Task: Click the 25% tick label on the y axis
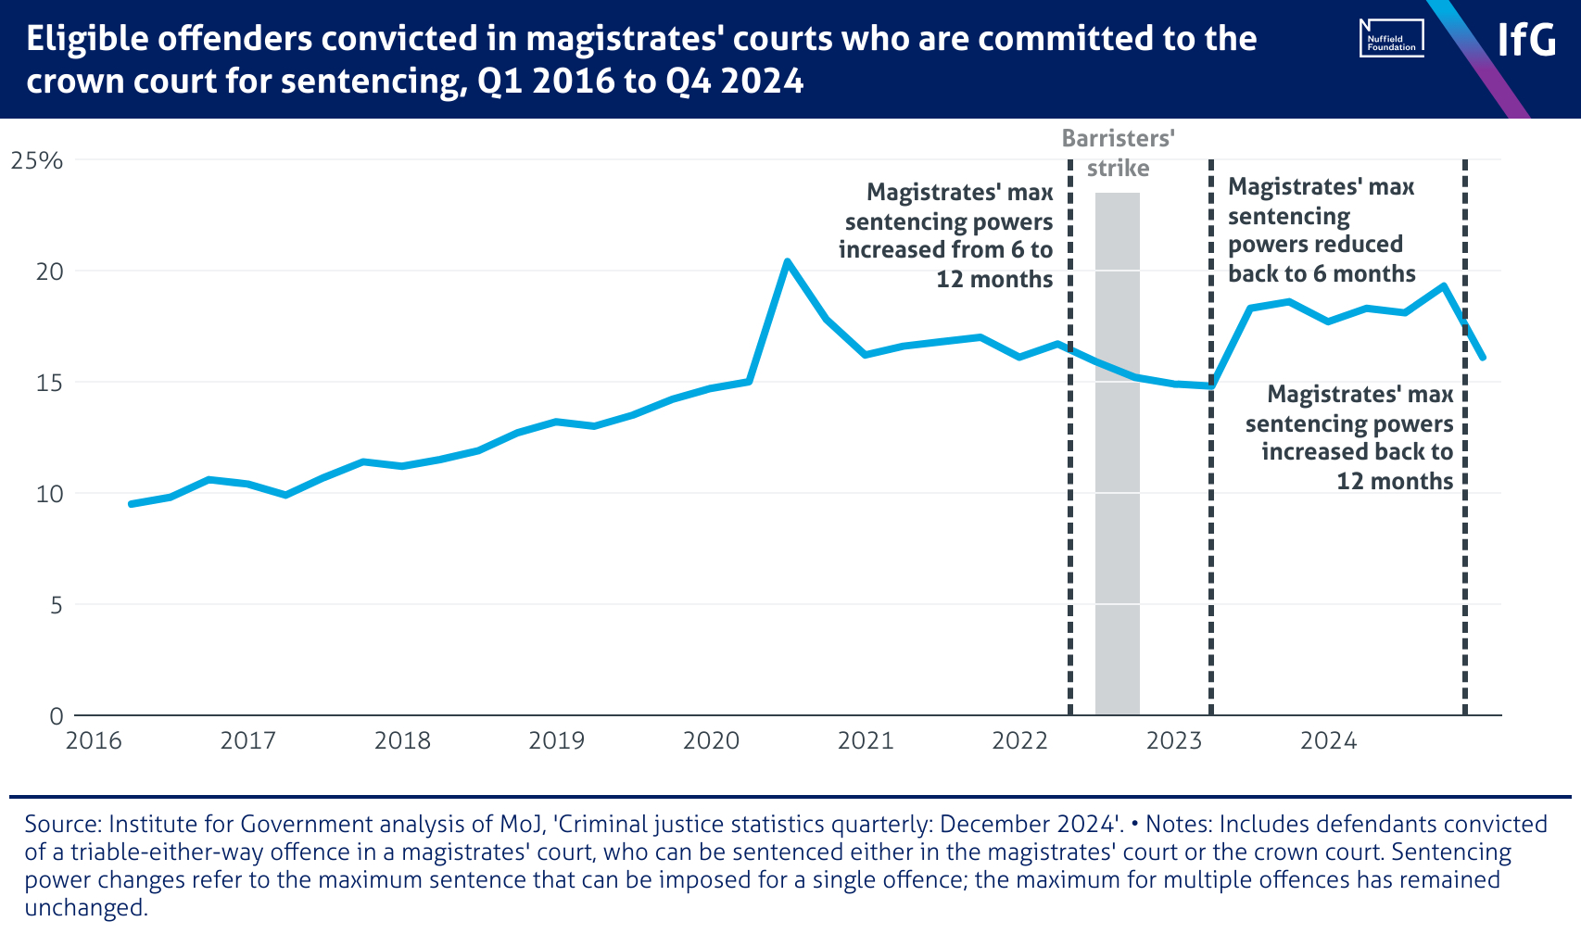[37, 160]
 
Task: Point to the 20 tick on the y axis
[49, 271]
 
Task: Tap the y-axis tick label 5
[56, 605]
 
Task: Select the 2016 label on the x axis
[94, 740]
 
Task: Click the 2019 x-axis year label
[556, 740]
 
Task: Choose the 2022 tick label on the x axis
[1019, 740]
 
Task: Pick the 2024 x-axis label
[1328, 740]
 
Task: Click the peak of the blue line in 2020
[787, 262]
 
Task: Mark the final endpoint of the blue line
[1483, 357]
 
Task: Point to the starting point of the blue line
[131, 504]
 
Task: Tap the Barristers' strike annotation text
[1118, 153]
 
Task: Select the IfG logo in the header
[1526, 40]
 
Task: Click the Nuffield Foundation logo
[1391, 39]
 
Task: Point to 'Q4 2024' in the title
[734, 82]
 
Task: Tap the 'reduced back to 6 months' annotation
[1322, 230]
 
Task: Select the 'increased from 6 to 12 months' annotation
[947, 235]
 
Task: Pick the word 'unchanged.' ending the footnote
[86, 907]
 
